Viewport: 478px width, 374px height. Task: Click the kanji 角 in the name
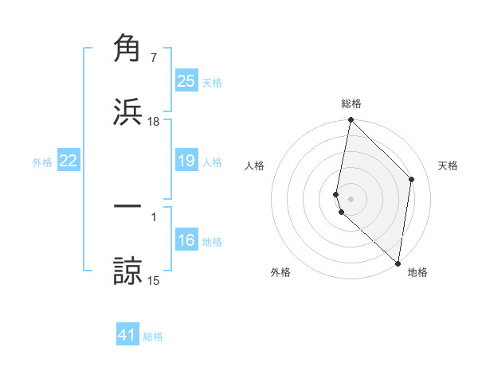[x=127, y=49]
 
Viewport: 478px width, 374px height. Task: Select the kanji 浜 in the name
[x=127, y=112]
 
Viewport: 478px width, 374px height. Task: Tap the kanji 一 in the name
[x=127, y=206]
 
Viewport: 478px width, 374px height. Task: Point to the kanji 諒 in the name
[x=127, y=270]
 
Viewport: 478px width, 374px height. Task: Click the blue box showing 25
[x=186, y=81]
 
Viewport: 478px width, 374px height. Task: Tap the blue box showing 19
[x=186, y=162]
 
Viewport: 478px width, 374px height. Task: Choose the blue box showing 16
[x=186, y=240]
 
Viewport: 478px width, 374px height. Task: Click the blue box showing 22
[x=68, y=162]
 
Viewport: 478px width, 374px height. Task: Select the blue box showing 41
[x=127, y=335]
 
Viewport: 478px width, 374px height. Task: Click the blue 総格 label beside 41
[x=153, y=337]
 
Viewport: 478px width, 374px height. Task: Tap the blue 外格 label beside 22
[x=42, y=162]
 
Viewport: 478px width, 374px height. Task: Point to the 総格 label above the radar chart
[x=351, y=103]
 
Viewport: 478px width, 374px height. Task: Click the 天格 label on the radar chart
[x=449, y=166]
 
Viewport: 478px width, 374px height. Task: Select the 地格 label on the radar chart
[x=417, y=272]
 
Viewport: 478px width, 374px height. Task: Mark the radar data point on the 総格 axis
[x=351, y=120]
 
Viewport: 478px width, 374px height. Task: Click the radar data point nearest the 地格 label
[x=398, y=263]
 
